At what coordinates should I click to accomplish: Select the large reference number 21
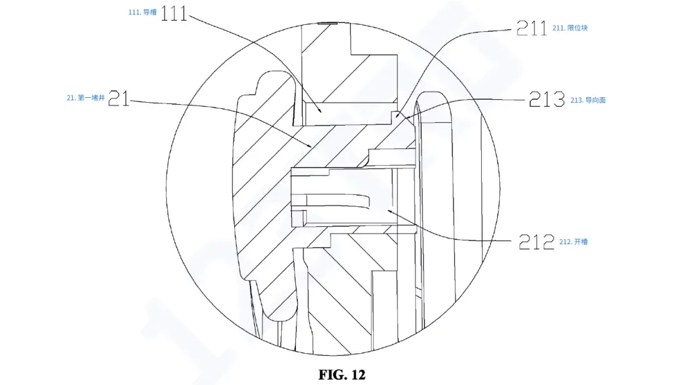118,98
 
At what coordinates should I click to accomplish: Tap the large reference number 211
532,28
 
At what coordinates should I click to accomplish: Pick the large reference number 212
537,242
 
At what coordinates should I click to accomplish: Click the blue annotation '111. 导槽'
143,12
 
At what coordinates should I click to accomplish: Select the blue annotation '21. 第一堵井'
86,98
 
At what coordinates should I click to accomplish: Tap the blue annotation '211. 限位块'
570,28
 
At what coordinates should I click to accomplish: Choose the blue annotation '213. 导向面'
588,100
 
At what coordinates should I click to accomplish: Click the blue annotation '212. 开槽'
573,242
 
